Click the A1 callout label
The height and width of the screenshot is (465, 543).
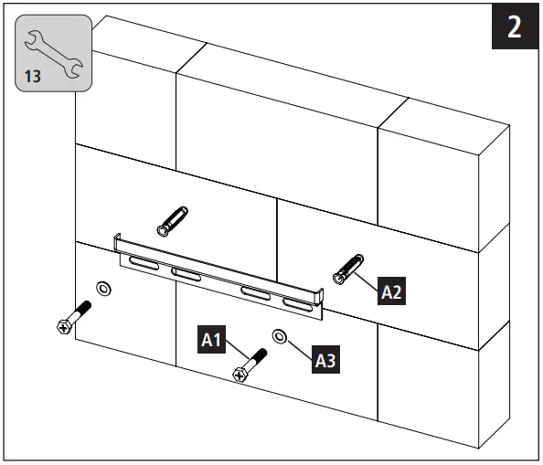point(212,340)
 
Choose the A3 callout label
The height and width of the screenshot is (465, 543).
point(326,360)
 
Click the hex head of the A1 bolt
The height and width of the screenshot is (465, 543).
point(240,373)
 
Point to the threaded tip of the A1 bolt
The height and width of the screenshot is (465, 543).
point(261,354)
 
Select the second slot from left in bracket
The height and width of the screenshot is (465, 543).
point(186,274)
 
